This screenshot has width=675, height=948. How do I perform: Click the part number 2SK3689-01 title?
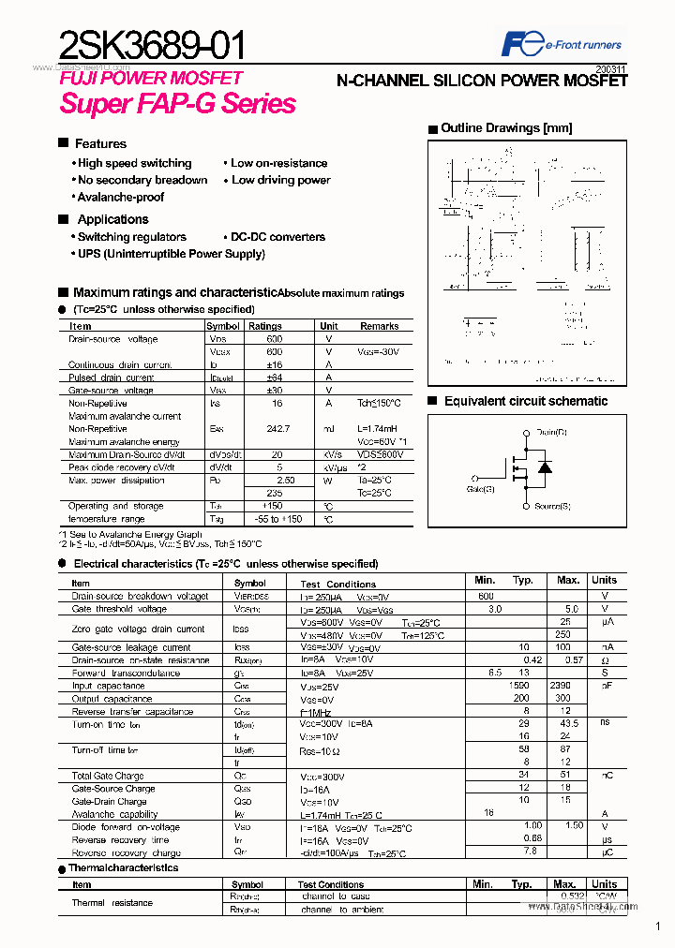(x=154, y=44)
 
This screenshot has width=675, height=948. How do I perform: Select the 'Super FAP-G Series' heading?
(x=178, y=103)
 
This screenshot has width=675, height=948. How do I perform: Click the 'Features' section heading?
(x=100, y=143)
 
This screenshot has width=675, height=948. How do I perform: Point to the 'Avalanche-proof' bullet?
(x=120, y=197)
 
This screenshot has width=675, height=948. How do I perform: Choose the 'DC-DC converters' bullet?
(x=277, y=237)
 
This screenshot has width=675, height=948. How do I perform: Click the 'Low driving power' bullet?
(x=280, y=180)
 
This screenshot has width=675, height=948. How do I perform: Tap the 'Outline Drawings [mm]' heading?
(x=505, y=128)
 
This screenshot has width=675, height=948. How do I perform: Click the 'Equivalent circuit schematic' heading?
(x=525, y=401)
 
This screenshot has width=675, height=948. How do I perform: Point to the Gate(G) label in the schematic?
(x=481, y=488)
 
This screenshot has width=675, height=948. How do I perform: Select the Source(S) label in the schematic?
(x=552, y=507)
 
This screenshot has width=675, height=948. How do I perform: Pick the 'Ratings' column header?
(x=265, y=326)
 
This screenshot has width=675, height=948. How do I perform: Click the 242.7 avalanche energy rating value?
(x=275, y=428)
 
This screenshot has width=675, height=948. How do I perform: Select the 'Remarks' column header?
(x=379, y=326)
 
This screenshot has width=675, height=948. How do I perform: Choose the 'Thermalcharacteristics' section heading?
(x=124, y=867)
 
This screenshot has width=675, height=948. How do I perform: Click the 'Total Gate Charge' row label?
(x=108, y=776)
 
